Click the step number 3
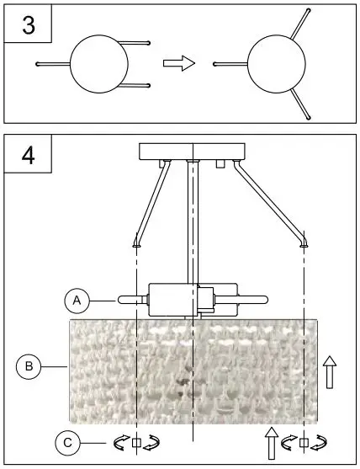tap(29, 25)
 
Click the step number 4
tap(29, 157)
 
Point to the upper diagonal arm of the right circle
tap(299, 26)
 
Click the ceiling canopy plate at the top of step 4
tap(193, 152)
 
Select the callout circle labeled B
tap(29, 366)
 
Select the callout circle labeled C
tap(69, 441)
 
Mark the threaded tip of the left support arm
tap(136, 242)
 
